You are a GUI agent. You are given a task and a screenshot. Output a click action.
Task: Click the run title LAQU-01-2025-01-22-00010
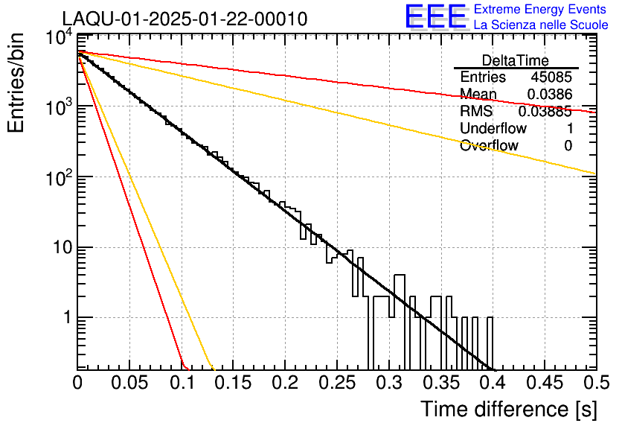[185, 19]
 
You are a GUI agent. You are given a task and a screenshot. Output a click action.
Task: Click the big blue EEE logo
[435, 18]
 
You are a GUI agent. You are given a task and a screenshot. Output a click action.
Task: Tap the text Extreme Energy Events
[541, 10]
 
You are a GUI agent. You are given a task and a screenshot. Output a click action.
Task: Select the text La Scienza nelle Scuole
[541, 25]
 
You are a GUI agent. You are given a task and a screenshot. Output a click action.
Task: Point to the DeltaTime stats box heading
[516, 60]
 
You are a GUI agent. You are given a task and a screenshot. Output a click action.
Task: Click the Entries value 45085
[551, 77]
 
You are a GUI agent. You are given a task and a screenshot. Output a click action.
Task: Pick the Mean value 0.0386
[549, 95]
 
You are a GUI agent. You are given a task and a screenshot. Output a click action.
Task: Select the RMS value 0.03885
[545, 112]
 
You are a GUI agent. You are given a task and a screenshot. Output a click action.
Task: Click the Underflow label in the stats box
[493, 128]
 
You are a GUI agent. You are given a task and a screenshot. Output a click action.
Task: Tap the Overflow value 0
[568, 146]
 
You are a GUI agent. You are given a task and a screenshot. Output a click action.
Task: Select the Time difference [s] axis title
[508, 409]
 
